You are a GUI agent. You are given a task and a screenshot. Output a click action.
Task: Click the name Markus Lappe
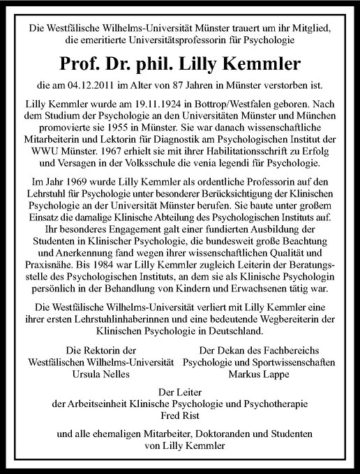[x=257, y=374]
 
